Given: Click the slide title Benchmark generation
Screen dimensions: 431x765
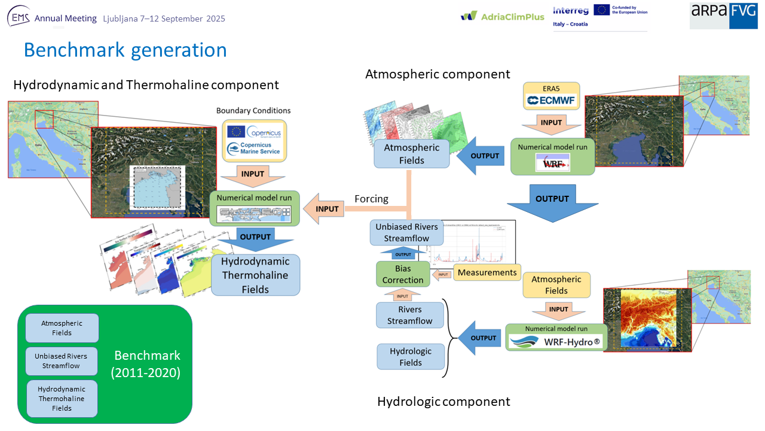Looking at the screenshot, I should [x=126, y=50].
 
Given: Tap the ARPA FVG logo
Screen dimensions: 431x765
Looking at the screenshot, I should [x=723, y=15].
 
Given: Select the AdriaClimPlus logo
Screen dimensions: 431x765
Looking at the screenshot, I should [x=503, y=16].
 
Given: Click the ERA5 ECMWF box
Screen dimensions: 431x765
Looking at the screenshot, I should [x=551, y=96].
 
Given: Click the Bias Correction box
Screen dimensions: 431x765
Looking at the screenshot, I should [x=403, y=274].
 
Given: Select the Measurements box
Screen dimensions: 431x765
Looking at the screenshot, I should [x=487, y=272].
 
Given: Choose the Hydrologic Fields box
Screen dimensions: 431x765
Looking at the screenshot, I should [x=411, y=357].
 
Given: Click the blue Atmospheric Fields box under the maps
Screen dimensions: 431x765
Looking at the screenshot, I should [x=412, y=154].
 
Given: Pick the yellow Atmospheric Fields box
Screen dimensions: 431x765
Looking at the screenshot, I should [x=556, y=285].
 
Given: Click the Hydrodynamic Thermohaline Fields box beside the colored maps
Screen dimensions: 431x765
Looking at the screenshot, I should [x=255, y=275].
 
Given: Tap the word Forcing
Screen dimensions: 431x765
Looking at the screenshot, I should [x=371, y=199].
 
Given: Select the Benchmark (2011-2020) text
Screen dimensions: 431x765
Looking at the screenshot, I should [x=146, y=364].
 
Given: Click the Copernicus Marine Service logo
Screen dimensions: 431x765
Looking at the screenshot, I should [x=255, y=149].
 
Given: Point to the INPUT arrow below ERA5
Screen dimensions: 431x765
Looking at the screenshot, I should [x=552, y=124].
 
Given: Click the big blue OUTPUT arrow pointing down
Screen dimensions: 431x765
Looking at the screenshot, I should [x=552, y=202].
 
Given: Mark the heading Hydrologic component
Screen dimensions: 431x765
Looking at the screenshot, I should [x=443, y=401].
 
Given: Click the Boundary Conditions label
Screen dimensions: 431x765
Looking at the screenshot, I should [x=253, y=111].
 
